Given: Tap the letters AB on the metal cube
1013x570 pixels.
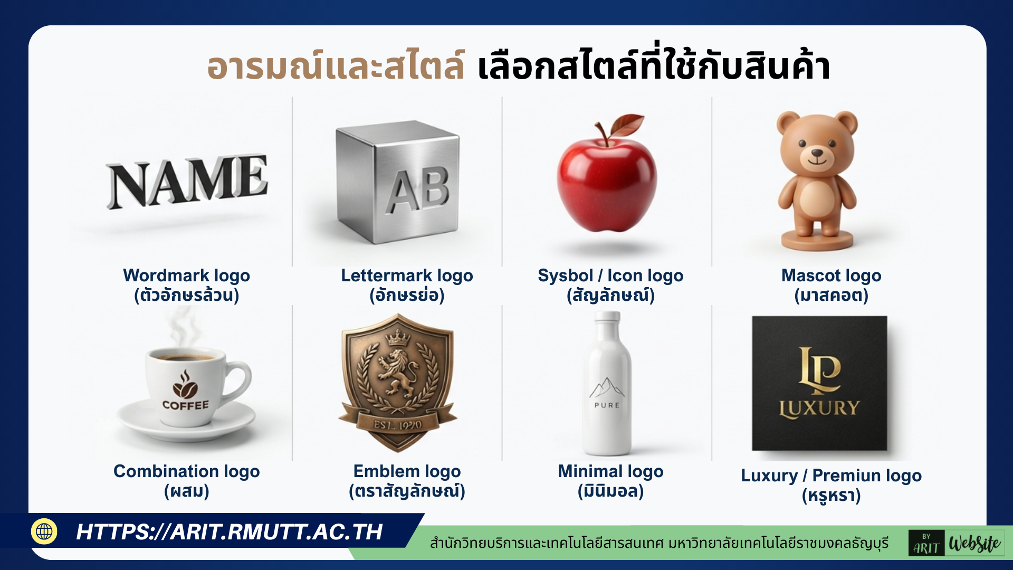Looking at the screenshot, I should click(418, 191).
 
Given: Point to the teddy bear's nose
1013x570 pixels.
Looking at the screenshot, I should click(817, 154).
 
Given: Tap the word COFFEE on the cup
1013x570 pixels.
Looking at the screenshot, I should click(185, 405).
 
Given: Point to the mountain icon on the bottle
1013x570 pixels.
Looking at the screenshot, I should click(607, 388).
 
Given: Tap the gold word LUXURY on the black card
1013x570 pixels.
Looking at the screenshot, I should click(819, 408).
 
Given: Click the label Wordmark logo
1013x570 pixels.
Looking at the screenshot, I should click(186, 275).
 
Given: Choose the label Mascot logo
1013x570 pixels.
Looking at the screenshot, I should click(831, 275).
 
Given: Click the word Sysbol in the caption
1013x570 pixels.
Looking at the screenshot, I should click(565, 275).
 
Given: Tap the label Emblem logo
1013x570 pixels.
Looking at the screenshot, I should click(407, 471).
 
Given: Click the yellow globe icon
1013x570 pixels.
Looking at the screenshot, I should click(44, 531).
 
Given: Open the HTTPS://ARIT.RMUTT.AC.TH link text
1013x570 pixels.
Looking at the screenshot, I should click(229, 532).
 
